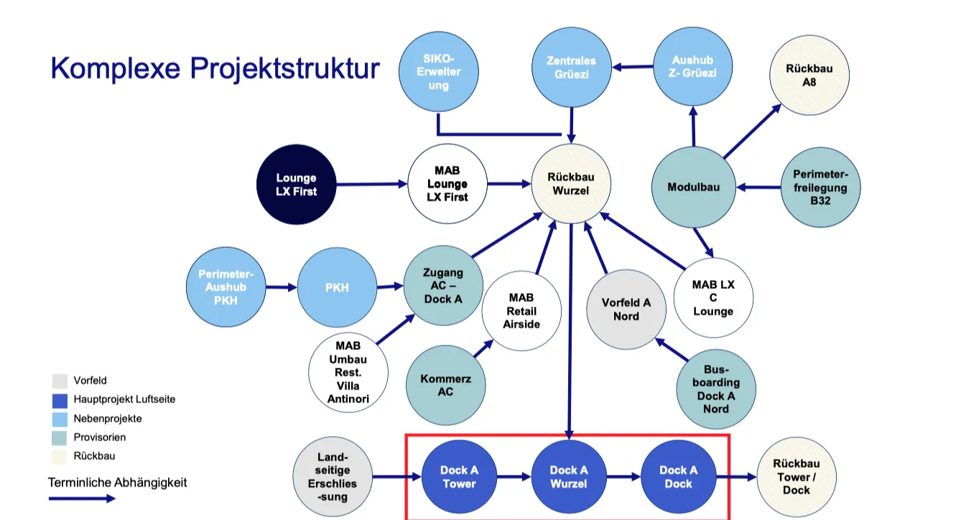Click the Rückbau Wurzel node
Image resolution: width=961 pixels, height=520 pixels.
[571, 183]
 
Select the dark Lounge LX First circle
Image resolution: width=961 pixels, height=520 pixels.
[297, 184]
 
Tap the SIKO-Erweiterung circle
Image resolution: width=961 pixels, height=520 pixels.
[439, 72]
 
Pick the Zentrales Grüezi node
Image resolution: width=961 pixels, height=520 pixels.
[571, 68]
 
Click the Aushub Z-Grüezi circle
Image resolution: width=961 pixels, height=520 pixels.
[693, 67]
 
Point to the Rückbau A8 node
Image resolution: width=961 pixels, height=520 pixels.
[809, 75]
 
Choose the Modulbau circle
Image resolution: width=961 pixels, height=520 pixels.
[693, 187]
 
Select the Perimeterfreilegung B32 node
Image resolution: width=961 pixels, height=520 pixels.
[820, 187]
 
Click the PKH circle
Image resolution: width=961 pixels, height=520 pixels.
[337, 287]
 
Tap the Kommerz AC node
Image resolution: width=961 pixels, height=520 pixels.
[445, 384]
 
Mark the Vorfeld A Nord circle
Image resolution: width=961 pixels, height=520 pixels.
[626, 309]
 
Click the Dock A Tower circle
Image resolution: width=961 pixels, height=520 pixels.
[460, 477]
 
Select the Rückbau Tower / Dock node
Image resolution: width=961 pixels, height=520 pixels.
[797, 476]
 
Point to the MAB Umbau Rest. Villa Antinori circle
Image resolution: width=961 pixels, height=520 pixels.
[348, 371]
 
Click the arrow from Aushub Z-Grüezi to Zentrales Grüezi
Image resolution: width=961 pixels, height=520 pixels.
[632, 68]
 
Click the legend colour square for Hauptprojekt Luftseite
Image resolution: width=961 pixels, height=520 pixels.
[60, 400]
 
